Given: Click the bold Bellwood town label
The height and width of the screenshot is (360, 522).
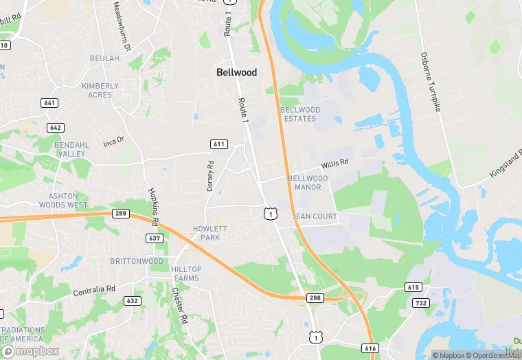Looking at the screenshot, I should [236, 72].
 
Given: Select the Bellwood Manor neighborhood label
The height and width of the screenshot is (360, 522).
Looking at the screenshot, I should [308, 183].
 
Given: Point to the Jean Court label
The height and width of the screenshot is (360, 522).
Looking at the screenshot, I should [315, 216].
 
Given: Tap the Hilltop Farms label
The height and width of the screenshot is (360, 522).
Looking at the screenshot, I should [185, 274].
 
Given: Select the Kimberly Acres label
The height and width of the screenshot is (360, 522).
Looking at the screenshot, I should [100, 91].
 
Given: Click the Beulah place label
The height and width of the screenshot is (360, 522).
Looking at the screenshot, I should [104, 58].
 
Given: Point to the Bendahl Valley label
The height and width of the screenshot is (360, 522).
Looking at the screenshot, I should [71, 149].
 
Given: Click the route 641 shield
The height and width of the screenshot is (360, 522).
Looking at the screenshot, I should [49, 103].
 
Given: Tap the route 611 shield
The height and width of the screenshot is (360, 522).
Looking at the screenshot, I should [218, 144].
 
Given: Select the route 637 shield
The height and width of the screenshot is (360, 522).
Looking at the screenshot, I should [155, 238].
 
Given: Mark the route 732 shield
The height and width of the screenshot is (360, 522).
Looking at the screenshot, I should [421, 303].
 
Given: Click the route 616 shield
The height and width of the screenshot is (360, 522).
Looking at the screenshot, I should [370, 349].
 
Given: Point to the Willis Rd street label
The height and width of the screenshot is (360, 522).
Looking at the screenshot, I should [335, 164].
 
